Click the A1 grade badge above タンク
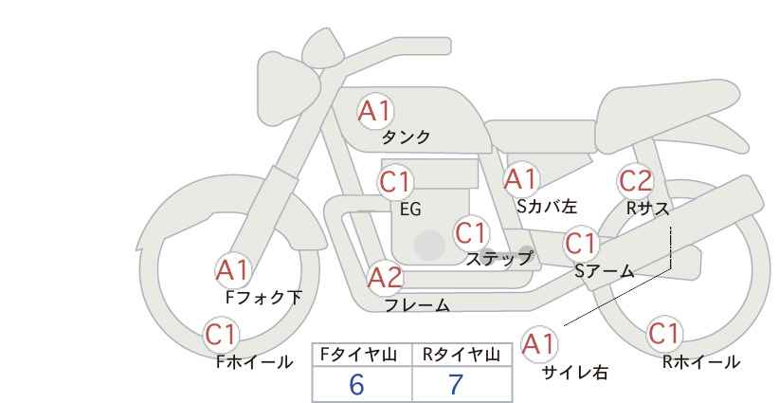pos(375,111)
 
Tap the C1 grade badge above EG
pos(395,182)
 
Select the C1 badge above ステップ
pos(471,232)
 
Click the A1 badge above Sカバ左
pos(520,179)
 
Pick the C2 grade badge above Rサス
pos(635,181)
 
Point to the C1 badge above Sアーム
pos(581,244)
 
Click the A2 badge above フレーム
pos(385,278)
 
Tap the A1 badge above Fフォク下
pos(232,270)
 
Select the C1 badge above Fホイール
pos(221,335)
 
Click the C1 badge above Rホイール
pos(664,334)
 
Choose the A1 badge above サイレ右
pos(539,344)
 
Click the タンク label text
pos(406,137)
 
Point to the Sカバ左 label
pos(547,206)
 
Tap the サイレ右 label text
pos(575,373)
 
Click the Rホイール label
pos(701,362)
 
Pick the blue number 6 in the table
pos(356,384)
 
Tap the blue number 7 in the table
pos(455,384)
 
